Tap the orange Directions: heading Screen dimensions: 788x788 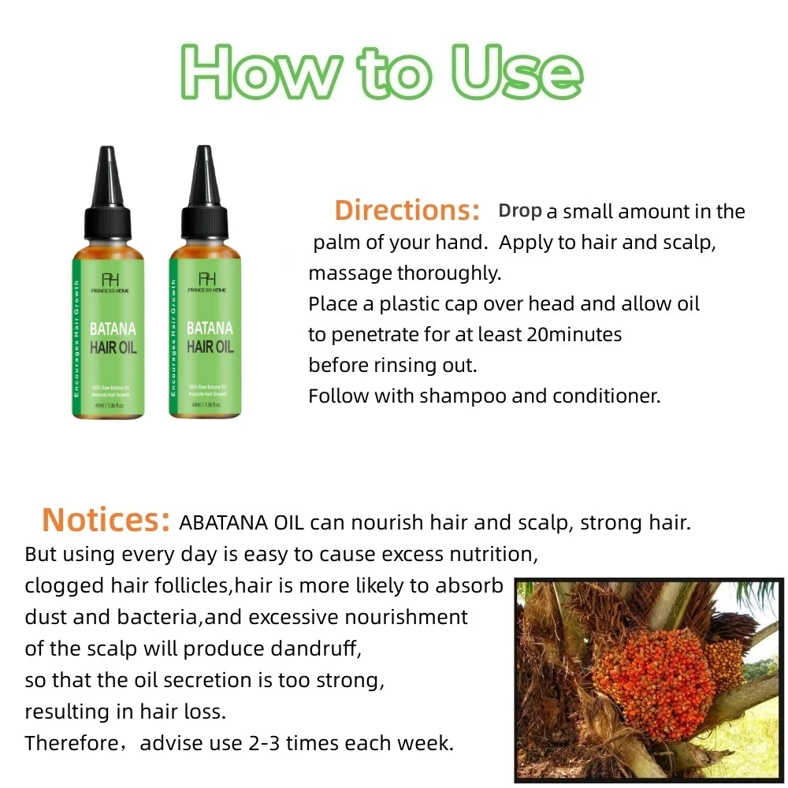pyautogui.click(x=407, y=210)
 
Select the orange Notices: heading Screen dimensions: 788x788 pyautogui.click(x=106, y=520)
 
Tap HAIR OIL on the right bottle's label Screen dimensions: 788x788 pyautogui.click(x=210, y=347)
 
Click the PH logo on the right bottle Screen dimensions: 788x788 pyautogui.click(x=206, y=277)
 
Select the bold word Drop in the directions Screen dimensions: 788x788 pyautogui.click(x=520, y=211)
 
